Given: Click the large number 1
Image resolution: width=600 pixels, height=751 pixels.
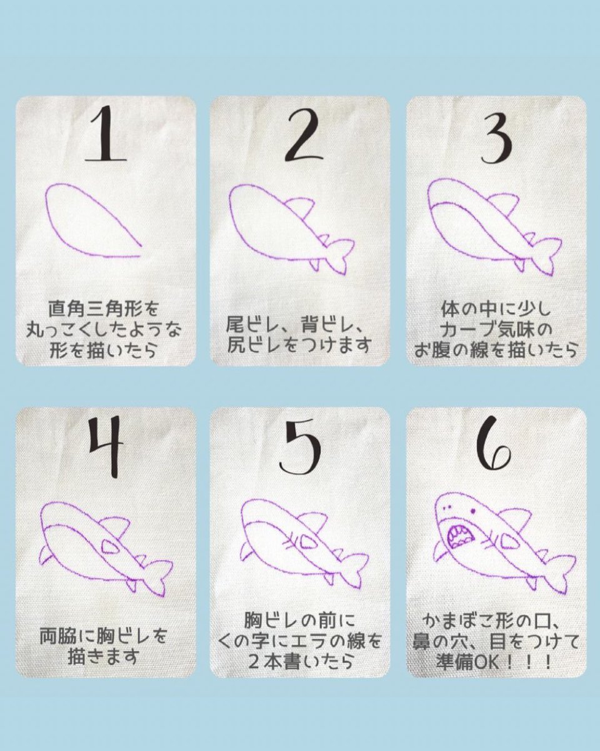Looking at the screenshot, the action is [x=107, y=135].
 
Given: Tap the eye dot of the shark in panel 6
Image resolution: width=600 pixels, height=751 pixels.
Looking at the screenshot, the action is [x=473, y=511].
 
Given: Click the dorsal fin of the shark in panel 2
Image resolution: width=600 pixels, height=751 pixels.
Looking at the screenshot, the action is [x=300, y=208].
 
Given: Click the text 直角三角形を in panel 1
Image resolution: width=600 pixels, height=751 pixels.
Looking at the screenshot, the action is [x=104, y=309].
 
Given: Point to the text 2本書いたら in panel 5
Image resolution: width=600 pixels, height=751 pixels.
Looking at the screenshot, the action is [x=300, y=662].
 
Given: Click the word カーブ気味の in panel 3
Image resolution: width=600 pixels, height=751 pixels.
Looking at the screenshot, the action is [x=496, y=329].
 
